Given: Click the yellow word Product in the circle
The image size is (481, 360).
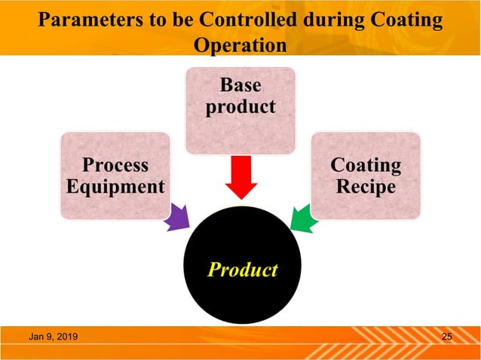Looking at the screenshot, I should tap(242, 269).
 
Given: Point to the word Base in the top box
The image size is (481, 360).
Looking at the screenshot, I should tap(240, 85).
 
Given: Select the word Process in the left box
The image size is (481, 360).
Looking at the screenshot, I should tap(115, 165).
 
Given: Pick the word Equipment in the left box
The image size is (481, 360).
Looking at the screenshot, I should tap(115, 186).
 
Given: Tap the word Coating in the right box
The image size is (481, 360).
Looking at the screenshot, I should tap(366, 165).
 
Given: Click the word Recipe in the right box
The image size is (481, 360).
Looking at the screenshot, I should tap(366, 186).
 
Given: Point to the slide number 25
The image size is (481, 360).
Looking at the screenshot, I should tap(446, 336).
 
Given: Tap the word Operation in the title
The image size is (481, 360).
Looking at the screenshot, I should tap(240, 44).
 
